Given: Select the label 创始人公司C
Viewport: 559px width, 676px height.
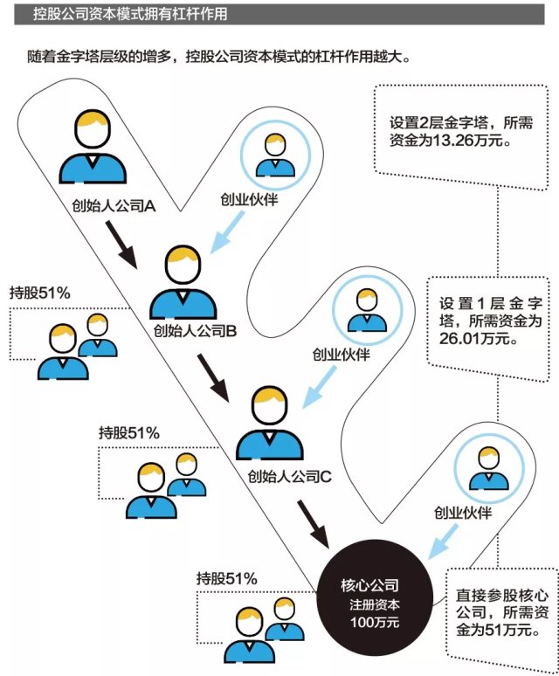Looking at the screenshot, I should point(287,477).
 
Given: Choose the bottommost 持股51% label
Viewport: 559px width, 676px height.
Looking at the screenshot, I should point(226,577).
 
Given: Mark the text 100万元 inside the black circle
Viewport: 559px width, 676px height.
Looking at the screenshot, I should point(371,623).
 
